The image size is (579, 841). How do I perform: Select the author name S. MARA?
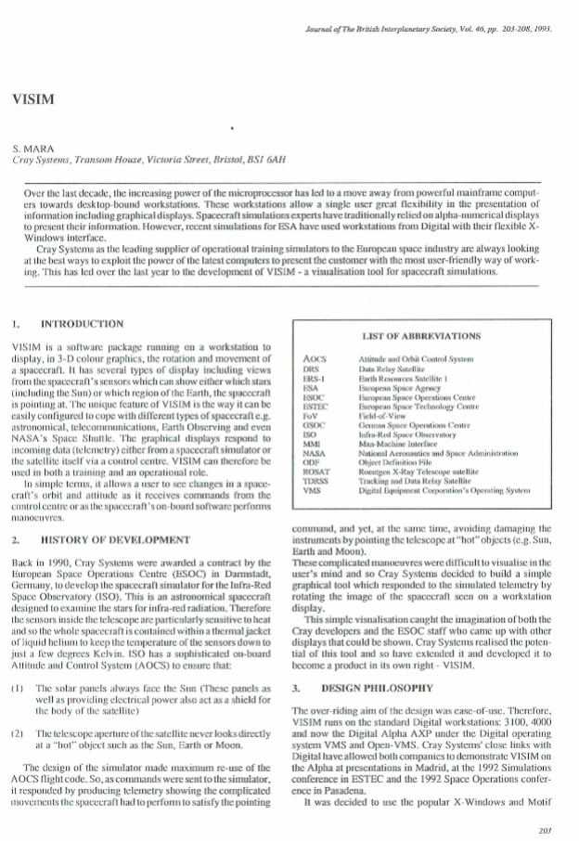click(x=32, y=149)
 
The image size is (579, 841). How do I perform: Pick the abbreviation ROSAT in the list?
click(x=318, y=470)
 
